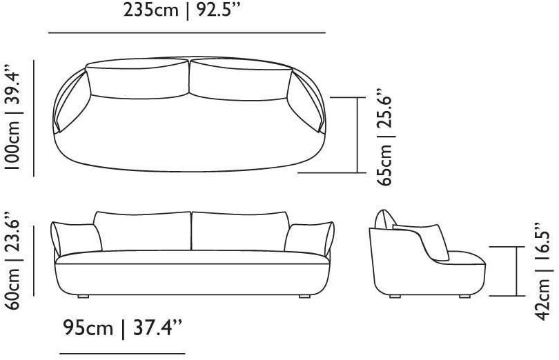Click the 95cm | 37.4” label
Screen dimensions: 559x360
123,328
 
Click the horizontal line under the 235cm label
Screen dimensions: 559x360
187,33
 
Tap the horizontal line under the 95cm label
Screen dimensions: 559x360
123,354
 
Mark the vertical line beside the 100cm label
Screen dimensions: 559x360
34,118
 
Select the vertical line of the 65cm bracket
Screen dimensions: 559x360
357,134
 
